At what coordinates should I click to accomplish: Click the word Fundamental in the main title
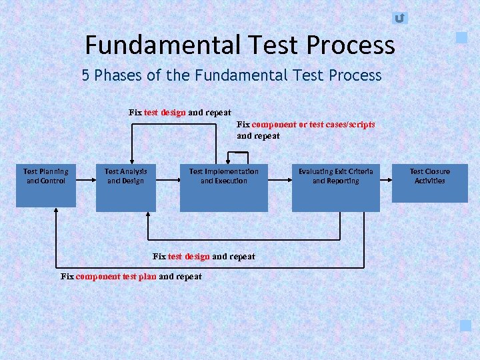coord(161,45)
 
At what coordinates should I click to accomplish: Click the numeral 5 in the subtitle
coord(86,75)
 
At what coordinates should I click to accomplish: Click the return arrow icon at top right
coord(399,18)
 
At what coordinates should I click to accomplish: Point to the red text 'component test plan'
coord(116,277)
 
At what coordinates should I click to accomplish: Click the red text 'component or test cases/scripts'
coord(313,125)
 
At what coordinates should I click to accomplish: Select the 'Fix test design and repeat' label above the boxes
coord(180,113)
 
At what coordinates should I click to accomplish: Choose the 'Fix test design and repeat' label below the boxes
coord(204,257)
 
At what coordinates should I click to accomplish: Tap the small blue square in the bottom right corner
coord(465,325)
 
